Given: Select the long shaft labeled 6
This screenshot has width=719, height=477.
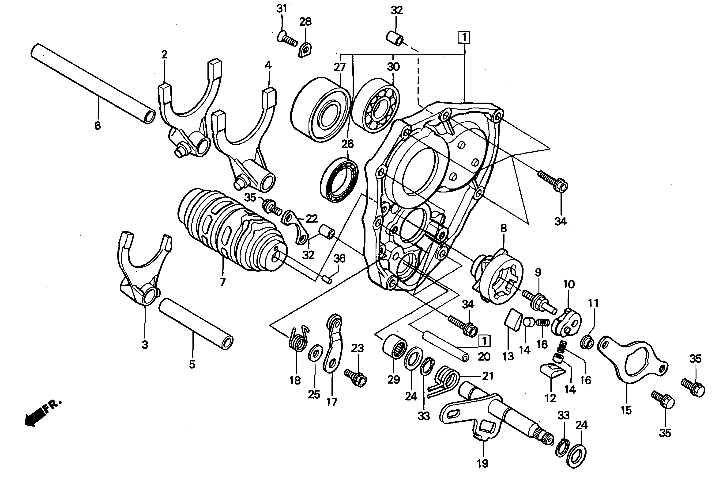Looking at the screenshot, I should point(93,84).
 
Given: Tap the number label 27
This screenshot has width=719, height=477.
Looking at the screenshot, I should point(340,67).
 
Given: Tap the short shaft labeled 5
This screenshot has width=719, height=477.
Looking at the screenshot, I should point(196,324).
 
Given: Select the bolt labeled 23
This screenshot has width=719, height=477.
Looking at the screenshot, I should point(355,377).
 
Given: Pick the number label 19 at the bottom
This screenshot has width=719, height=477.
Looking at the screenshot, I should point(482,463).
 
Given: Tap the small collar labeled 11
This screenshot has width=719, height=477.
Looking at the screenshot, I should point(587,343).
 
